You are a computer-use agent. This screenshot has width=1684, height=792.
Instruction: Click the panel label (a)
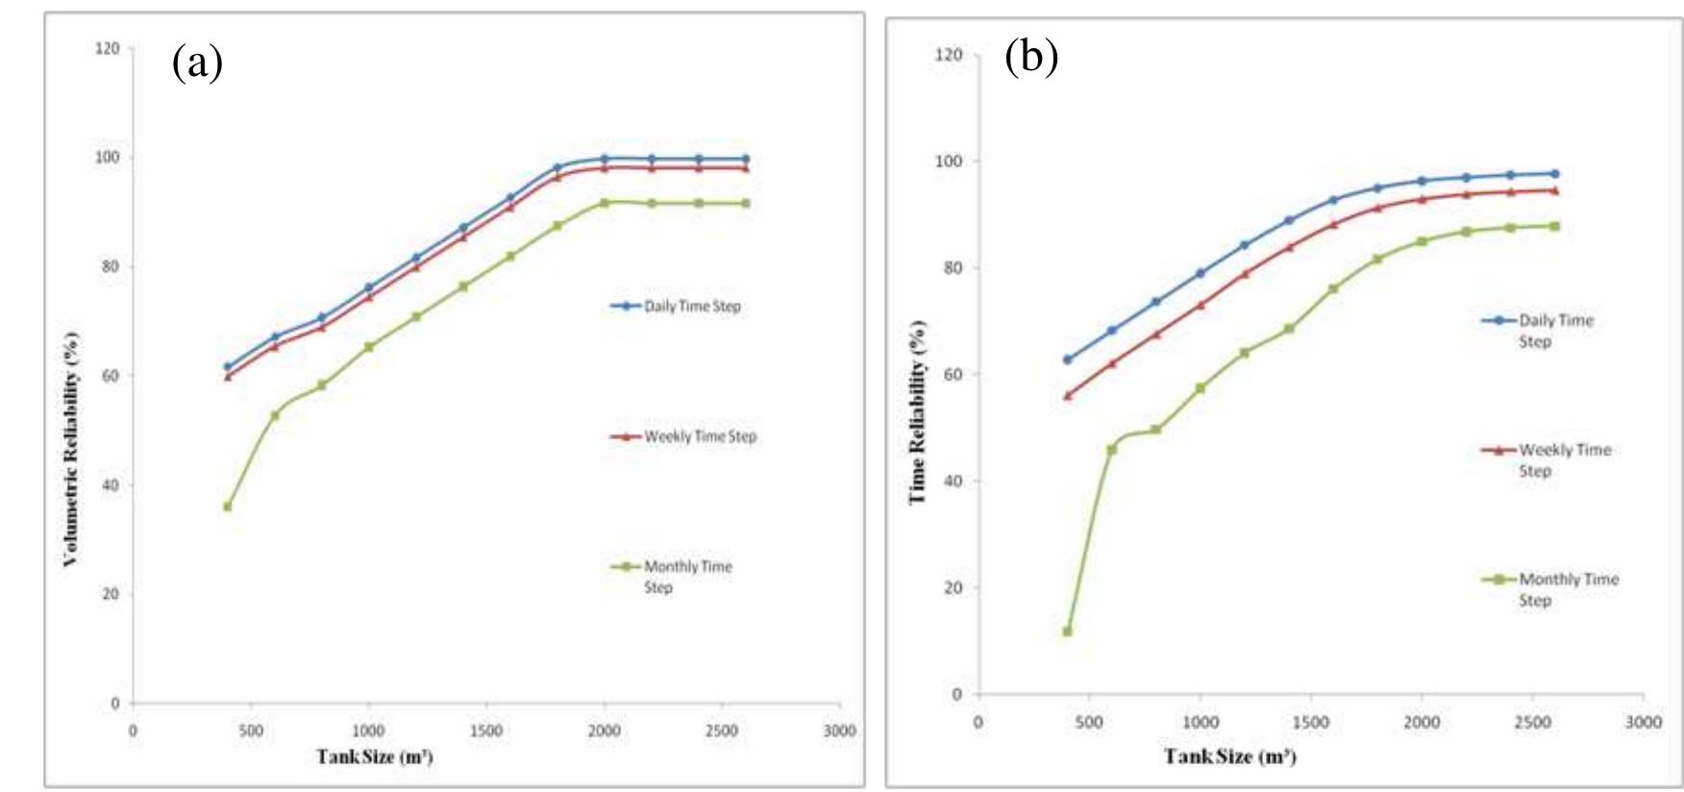point(197,63)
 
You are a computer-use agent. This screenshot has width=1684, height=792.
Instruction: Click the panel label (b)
point(1031,57)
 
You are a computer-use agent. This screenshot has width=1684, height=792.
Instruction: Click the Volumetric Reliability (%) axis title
point(71,448)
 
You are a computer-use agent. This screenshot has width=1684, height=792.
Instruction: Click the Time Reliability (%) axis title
point(917,411)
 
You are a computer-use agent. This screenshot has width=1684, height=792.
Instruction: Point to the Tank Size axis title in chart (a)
point(375,756)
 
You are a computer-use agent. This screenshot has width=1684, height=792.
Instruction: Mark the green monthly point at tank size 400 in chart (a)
point(228,507)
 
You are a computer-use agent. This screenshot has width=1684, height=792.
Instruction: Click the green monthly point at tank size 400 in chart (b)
point(1067,631)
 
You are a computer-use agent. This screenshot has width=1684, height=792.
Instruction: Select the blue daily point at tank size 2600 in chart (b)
point(1554,174)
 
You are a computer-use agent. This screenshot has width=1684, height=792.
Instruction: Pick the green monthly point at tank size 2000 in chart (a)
point(604,203)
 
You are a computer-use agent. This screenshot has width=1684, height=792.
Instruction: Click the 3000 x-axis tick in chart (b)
point(1643,723)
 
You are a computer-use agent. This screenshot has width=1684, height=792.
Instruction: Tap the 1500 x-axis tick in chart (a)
point(486,731)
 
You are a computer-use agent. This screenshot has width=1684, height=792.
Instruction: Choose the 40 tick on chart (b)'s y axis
point(953,481)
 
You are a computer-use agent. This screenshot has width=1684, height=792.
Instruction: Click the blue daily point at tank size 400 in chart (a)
point(228,366)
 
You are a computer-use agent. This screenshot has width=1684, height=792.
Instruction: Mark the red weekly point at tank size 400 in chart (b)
point(1067,395)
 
